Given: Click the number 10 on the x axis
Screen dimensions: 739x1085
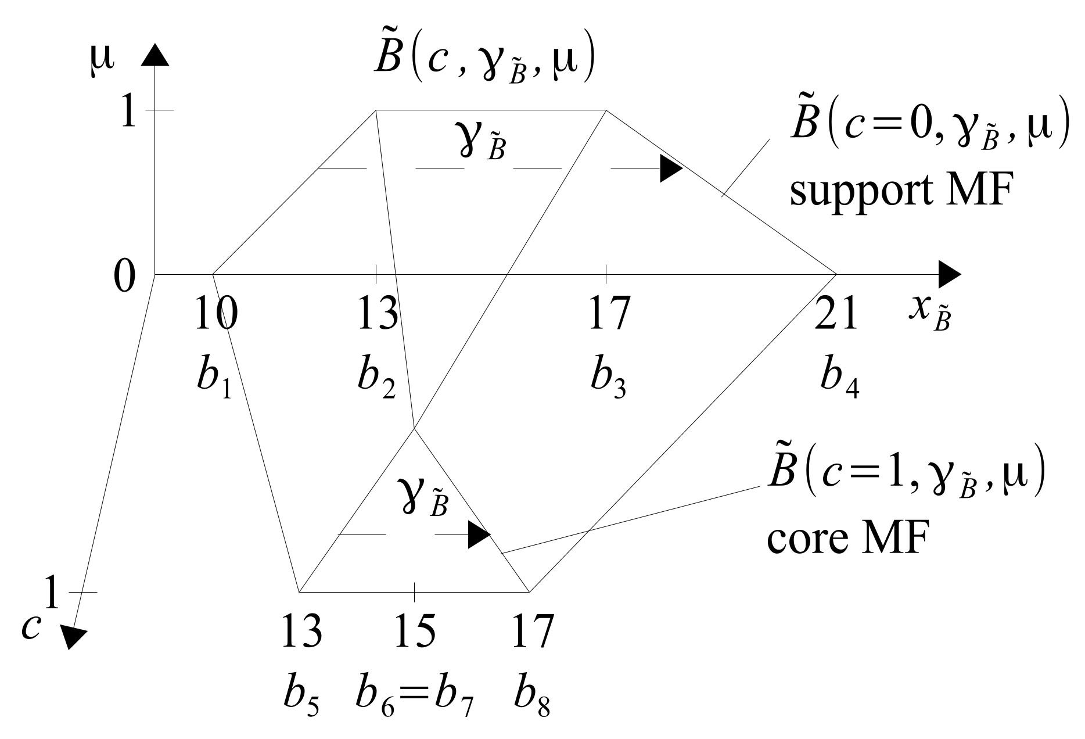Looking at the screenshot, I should pos(215,313).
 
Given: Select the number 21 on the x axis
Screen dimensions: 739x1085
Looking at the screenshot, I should pos(836,313).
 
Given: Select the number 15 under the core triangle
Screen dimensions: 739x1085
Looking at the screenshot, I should pos(415,632).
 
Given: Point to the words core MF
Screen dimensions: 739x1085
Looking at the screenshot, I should pos(845,539).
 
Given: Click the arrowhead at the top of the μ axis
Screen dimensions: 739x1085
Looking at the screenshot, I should pos(155,55).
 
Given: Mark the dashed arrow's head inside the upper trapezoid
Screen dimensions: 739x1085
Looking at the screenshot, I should pos(670,168).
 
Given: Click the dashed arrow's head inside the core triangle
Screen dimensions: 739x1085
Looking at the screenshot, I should pos(479,534).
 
